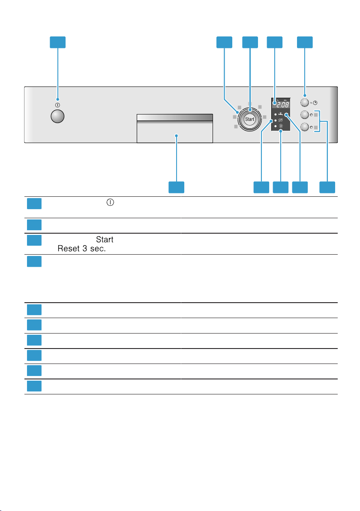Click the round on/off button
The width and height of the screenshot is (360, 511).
(x=58, y=116)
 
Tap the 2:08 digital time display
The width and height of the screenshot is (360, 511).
(x=282, y=105)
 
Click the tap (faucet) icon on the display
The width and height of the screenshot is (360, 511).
(x=281, y=114)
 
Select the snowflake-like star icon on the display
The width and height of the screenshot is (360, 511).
(x=281, y=126)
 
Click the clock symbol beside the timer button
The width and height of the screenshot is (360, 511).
(x=315, y=102)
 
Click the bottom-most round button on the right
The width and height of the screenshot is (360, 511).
(x=305, y=127)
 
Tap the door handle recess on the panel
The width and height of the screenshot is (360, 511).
(x=174, y=129)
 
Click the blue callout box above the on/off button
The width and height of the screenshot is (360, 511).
(x=58, y=42)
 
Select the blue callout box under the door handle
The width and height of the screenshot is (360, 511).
(x=176, y=187)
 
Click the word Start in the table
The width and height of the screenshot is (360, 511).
(x=105, y=240)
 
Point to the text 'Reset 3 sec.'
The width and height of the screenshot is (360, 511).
(x=81, y=249)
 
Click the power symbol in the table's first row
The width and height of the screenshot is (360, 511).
(x=111, y=202)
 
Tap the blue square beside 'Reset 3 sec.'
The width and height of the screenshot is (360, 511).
(x=34, y=240)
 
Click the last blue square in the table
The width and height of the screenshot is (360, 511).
(x=34, y=386)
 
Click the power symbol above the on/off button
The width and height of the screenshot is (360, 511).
(x=58, y=105)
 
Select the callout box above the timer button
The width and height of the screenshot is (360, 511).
(x=305, y=42)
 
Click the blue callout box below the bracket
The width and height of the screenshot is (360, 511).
(x=327, y=187)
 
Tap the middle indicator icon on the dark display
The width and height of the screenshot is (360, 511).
(x=281, y=120)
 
